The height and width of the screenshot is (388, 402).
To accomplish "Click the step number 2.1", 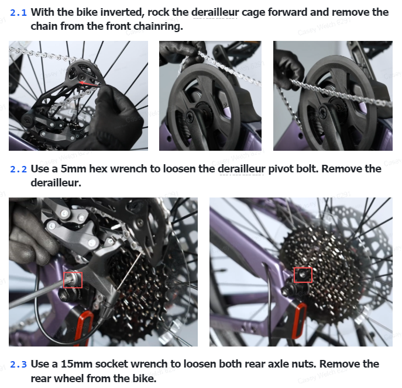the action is coord(18,12).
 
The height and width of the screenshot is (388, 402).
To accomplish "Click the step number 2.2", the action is coord(18,169).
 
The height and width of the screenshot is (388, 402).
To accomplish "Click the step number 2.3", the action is coord(18,364).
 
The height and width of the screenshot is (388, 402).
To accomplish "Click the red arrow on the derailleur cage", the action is coord(89,84).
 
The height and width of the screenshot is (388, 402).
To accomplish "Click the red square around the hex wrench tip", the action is coord(73,280).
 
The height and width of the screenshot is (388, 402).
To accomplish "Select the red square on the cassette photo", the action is coord(303,275).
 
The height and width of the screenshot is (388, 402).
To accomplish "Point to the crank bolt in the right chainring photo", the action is coord(322,112).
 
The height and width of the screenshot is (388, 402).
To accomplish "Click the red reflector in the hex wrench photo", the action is coord(83,328).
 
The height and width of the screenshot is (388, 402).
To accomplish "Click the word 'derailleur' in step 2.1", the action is coord(215,12).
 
